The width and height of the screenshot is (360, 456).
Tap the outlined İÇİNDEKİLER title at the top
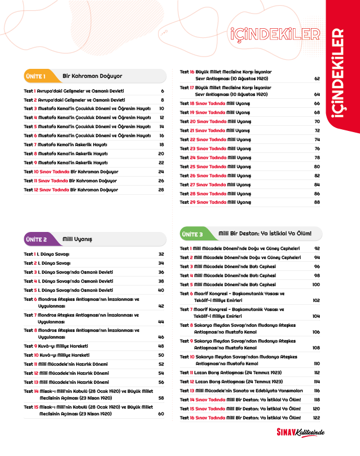click(272, 34)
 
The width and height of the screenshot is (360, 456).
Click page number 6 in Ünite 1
click(162, 91)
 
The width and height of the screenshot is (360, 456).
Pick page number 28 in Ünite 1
click(161, 190)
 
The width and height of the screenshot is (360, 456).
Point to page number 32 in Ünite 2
click(161, 254)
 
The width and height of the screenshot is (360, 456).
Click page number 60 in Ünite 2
click(161, 414)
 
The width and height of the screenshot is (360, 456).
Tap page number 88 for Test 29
click(317, 202)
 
